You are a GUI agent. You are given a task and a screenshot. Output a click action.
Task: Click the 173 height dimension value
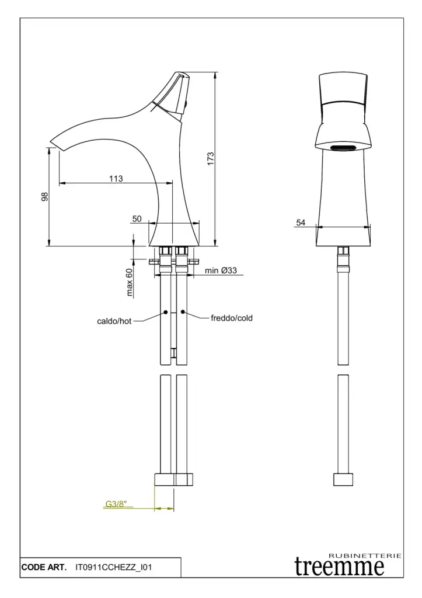coord(211,159)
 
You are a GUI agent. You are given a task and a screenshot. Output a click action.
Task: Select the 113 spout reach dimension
coord(116,178)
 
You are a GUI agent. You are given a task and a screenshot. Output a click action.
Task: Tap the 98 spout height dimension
coord(45,196)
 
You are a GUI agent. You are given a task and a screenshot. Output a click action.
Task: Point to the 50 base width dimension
coord(137,219)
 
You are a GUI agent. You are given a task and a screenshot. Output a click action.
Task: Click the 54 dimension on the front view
coord(301,222)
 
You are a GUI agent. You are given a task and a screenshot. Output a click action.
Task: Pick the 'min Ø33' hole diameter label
coord(221,270)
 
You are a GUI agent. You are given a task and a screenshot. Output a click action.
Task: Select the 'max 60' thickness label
coord(129,282)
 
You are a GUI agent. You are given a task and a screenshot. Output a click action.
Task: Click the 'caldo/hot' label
coord(114,321)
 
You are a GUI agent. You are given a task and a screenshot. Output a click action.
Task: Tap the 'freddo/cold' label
coord(232,318)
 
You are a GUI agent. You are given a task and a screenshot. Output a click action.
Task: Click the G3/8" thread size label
coord(116,504)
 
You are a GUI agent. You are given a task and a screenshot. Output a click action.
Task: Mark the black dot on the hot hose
coord(166,312)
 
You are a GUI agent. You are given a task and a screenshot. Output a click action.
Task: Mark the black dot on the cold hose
coord(183,312)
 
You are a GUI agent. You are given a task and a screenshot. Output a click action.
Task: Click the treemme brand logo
coord(339,566)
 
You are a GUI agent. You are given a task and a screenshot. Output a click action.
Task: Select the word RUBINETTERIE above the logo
coord(365,556)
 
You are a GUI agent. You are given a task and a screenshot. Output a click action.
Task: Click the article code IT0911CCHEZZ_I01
coord(114,568)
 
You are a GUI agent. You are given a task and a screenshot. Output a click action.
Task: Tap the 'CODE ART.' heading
coord(44,568)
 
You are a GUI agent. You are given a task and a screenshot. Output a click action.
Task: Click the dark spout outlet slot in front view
coord(343,148)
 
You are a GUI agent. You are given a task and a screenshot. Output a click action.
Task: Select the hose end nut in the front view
coord(343,480)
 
